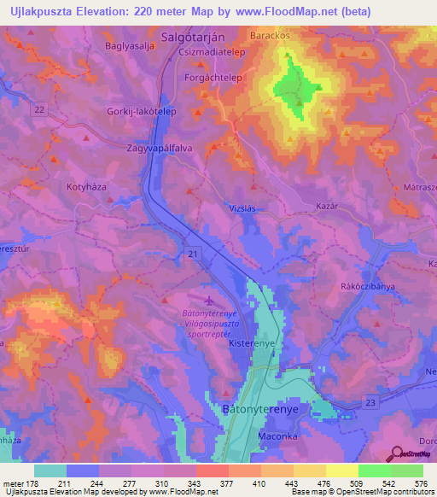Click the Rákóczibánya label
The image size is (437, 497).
pos(367,287)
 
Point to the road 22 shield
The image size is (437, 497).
pos(40,109)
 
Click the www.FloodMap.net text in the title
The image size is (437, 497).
pos(295,11)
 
